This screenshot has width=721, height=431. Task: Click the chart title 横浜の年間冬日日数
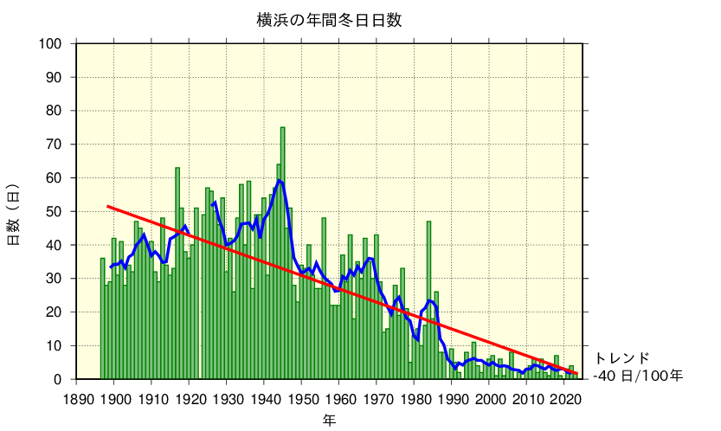pos(329,20)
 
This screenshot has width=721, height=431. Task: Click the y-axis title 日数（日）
pos(14,214)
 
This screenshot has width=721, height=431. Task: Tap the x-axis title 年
pos(329,420)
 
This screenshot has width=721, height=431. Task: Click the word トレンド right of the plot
pos(621,358)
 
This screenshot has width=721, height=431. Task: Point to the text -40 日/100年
pos(638,376)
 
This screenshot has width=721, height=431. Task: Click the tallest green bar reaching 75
pos(282,253)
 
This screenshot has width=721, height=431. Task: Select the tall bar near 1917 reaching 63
pos(177,273)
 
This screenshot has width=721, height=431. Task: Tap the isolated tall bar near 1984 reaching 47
pos(428,299)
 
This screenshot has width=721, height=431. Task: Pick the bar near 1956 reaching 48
pos(324,298)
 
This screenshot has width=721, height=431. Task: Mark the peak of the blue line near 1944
pos(279,181)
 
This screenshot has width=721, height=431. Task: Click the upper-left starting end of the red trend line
pos(107,206)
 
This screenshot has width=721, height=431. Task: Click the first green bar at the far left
pos(102,318)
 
